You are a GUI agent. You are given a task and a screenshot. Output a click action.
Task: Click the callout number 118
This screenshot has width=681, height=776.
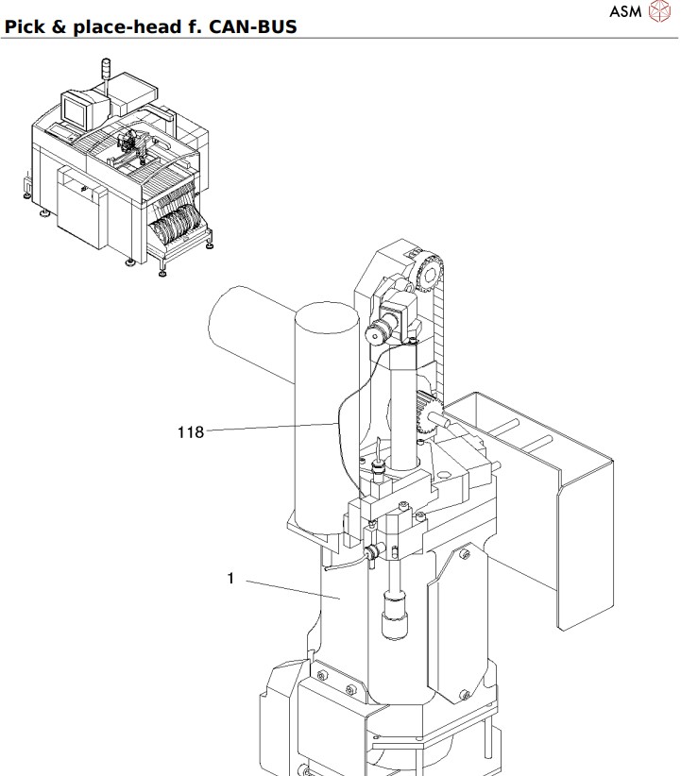(x=191, y=432)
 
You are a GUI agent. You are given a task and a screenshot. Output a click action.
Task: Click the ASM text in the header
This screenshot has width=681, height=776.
(x=625, y=12)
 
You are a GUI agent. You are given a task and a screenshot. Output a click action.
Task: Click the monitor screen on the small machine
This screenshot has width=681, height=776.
(x=75, y=110)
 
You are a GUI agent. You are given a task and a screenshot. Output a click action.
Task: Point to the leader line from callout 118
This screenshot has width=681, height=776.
(x=269, y=429)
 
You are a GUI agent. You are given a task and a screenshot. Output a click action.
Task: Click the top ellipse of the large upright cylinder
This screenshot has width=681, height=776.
(x=328, y=315)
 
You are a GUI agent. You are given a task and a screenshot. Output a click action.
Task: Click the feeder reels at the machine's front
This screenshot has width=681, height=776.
(x=178, y=227)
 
